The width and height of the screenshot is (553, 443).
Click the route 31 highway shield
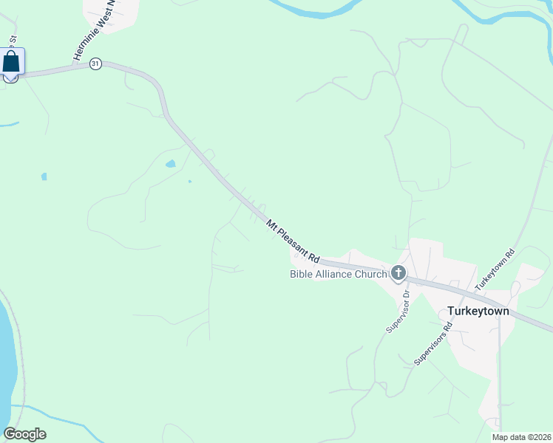pos(95,64)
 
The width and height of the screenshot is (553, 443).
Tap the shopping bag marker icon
pos(12,61)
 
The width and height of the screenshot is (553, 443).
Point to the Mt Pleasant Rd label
pos(293,237)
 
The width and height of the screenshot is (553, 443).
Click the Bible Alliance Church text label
pos(337,275)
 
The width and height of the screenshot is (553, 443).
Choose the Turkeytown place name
pos(478,311)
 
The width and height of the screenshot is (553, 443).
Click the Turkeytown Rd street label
pos(494,268)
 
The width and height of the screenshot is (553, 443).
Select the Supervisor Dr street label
pos(397,309)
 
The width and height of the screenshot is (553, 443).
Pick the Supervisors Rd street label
pos(433,343)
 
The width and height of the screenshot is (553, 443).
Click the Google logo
pos(24,434)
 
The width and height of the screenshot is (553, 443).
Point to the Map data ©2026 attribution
pos(522,437)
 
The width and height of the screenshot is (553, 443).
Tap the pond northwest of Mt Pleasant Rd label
pos(171,163)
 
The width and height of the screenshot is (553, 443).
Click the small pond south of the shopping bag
pos(44,176)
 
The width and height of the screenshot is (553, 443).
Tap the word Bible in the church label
pos(301,275)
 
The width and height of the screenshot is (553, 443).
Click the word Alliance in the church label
pos(333,275)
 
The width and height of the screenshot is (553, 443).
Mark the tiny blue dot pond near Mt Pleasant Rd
pos(190,181)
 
